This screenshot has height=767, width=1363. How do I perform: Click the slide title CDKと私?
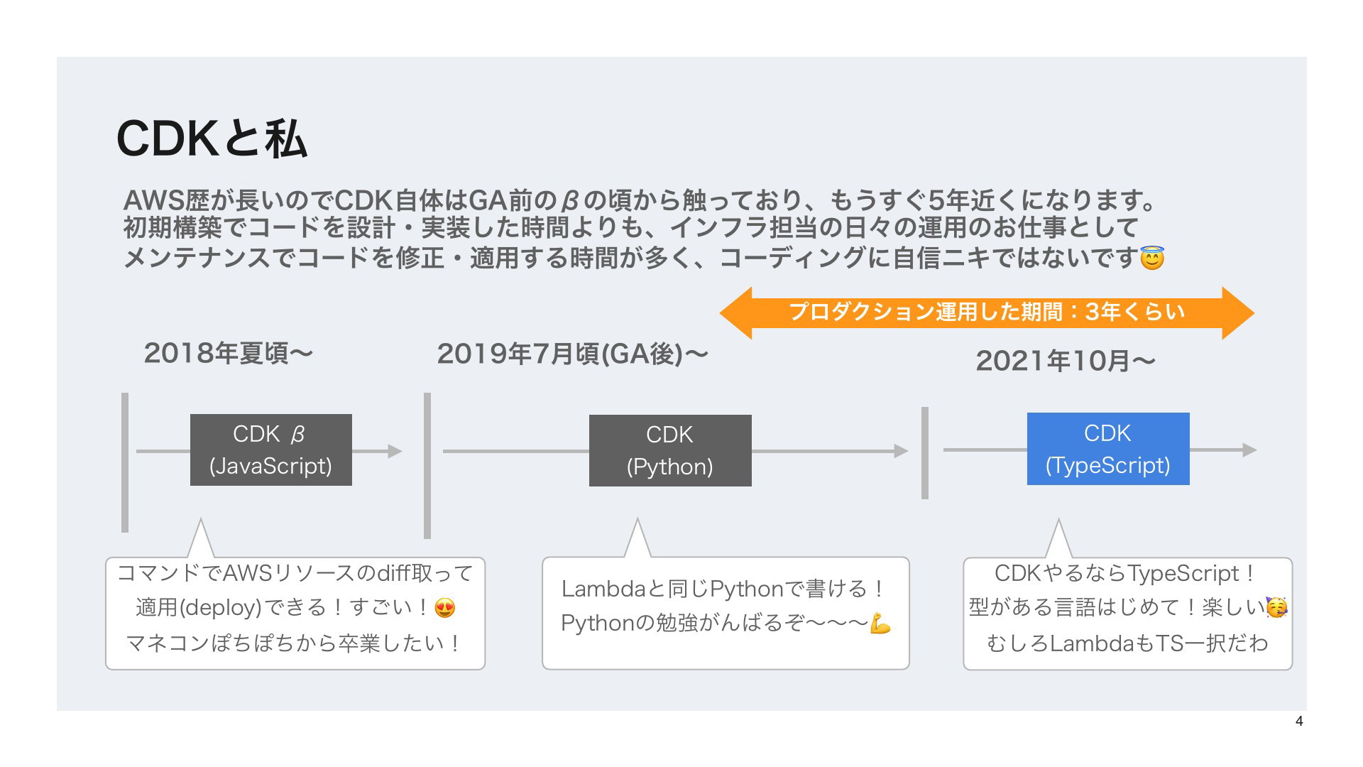[212, 138]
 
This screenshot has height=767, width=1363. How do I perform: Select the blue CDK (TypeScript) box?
[1108, 449]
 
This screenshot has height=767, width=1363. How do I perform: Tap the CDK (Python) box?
[670, 450]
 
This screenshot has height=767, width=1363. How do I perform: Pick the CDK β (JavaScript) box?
[271, 450]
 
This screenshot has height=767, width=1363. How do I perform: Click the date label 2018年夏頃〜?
[229, 353]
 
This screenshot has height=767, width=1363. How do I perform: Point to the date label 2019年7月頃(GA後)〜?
[572, 353]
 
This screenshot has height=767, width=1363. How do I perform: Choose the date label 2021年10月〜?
[1066, 361]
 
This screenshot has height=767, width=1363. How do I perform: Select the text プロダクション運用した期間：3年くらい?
[987, 312]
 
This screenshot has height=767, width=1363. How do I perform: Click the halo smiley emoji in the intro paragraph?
[1151, 257]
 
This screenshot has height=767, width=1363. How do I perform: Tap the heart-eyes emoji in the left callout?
[445, 608]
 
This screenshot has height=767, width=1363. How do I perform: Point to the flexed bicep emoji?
[880, 624]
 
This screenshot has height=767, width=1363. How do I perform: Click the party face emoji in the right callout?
[1276, 607]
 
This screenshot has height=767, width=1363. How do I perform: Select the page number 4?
[1299, 722]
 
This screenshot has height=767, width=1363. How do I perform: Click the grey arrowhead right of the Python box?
[901, 451]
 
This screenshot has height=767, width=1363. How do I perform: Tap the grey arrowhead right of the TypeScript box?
[1250, 450]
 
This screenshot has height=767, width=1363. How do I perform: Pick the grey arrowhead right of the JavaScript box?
[395, 451]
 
